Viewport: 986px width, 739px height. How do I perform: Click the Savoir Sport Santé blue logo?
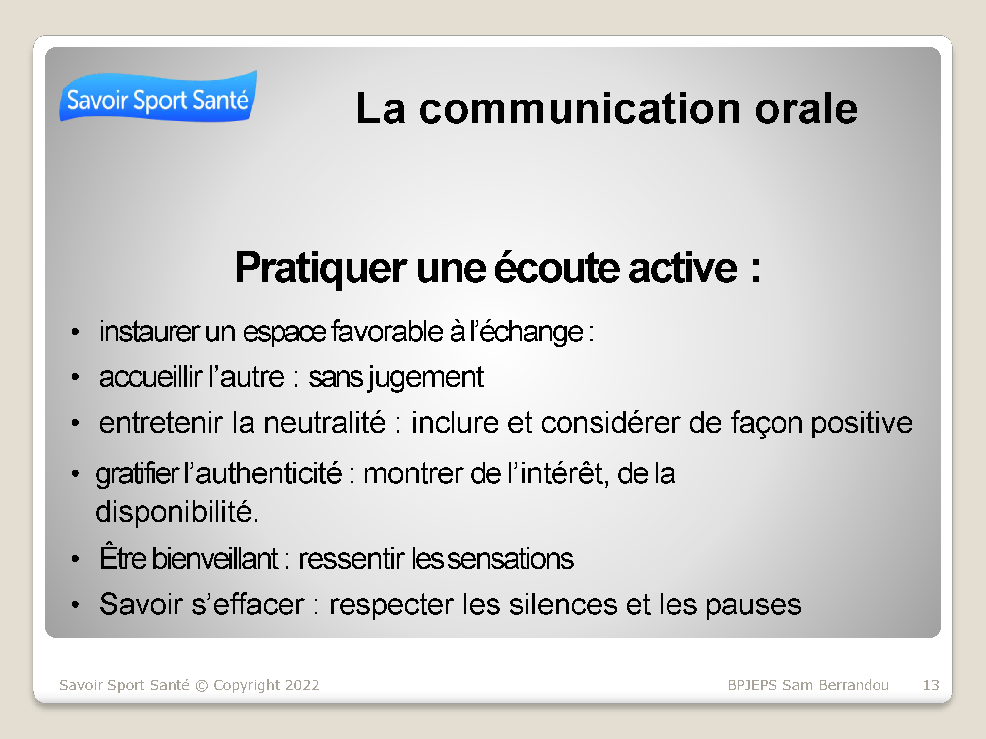158,96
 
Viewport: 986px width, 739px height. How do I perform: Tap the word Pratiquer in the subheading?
320,269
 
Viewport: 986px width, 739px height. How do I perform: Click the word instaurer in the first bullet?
149,331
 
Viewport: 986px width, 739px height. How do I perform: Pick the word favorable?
387,331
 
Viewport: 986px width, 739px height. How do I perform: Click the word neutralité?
324,422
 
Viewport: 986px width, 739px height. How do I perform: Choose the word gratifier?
137,474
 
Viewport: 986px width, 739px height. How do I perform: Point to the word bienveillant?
215,558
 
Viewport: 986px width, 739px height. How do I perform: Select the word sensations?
511,559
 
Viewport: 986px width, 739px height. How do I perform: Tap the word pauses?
753,605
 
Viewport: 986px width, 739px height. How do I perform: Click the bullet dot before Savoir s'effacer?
75,605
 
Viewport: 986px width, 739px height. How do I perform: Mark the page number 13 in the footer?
931,685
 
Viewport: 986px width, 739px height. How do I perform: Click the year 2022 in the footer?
302,685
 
